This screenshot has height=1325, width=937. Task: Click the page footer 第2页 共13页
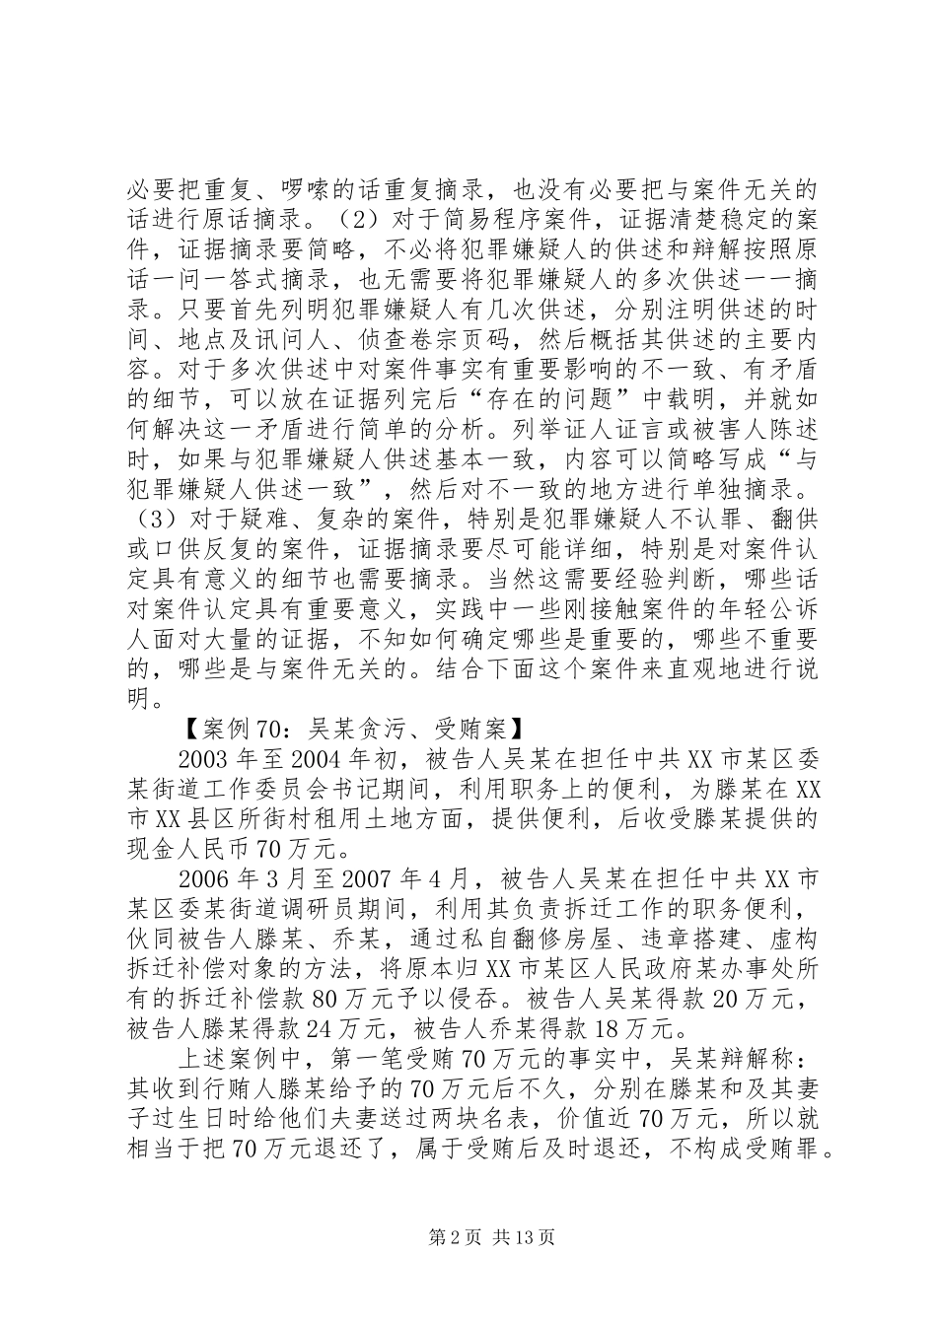(x=468, y=1236)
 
